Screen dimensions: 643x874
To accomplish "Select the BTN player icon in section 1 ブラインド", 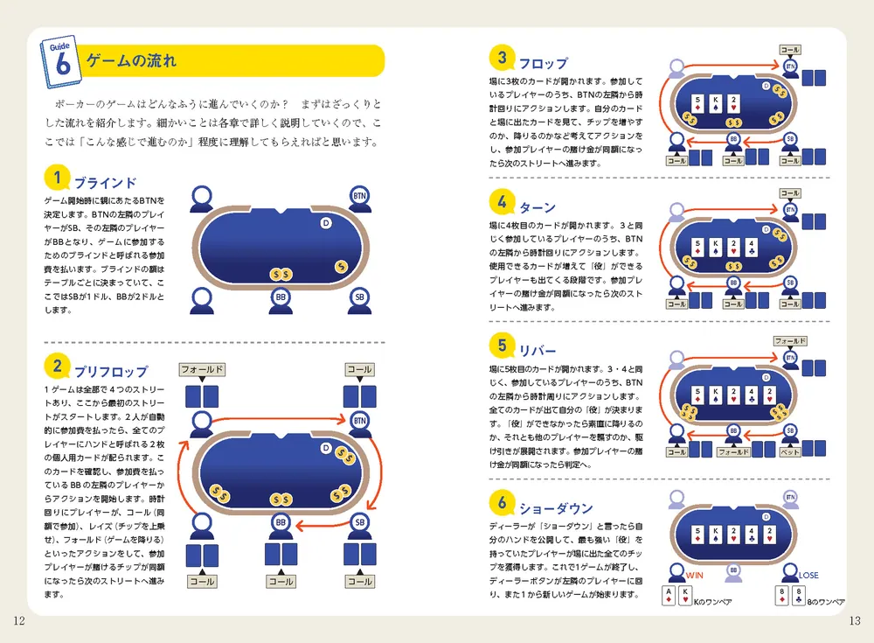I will coord(359,198).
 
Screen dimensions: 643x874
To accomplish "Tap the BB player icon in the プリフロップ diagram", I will coord(281,525).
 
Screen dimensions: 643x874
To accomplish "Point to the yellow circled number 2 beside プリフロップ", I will coord(57,366).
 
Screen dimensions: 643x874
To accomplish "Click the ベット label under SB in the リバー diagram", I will coord(789,452).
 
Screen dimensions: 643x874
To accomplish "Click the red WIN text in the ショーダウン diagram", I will coord(695,576).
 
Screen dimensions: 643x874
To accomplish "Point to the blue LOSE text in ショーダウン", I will coord(808,576).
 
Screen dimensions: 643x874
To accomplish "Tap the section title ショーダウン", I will coord(556,508).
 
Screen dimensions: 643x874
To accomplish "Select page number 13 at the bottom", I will coord(855,621).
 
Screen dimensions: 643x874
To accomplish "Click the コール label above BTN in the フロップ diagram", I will coord(790,51).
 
